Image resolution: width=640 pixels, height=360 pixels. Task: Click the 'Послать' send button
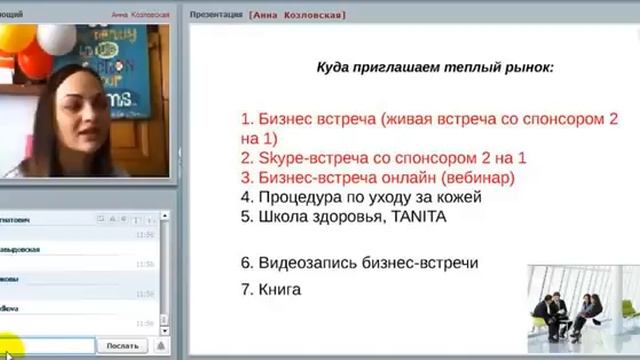pos(123,346)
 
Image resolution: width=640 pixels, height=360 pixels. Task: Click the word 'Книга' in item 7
pos(280,290)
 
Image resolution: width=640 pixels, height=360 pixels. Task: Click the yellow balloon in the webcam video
pos(14,40)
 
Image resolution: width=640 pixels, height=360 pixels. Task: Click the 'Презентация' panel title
pos(222,16)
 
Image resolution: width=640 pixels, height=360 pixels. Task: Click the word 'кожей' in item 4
pos(460,196)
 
